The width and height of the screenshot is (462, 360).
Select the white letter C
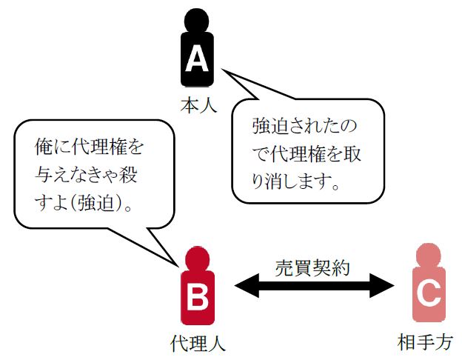(430, 295)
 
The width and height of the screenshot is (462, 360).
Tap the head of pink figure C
(430, 255)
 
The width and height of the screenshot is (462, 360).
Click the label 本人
(198, 104)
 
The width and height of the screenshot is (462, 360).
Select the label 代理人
(197, 343)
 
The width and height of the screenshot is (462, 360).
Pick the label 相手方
(429, 343)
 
